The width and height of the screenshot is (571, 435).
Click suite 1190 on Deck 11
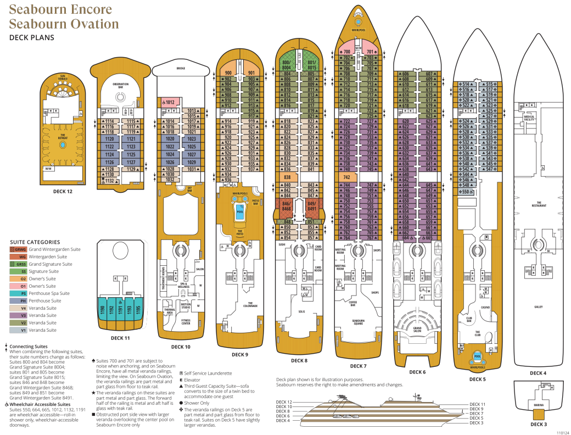[102, 311]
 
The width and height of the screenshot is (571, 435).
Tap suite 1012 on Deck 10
[169, 102]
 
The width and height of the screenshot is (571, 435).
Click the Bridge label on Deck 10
[181, 69]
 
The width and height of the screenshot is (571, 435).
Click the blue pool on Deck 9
[240, 210]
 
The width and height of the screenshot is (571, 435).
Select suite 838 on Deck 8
[287, 177]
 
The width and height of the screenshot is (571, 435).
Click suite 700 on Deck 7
[346, 52]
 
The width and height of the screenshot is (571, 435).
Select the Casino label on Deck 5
[485, 308]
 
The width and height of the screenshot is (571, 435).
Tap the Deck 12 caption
[62, 191]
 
